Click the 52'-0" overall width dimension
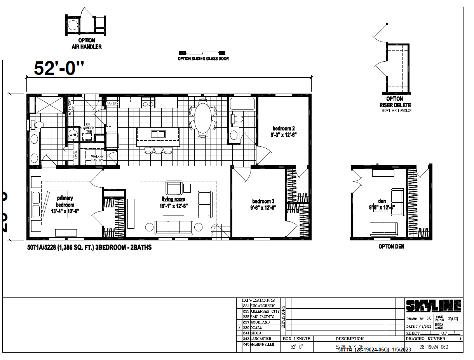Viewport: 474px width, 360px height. [59, 68]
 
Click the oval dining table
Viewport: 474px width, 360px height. [202, 118]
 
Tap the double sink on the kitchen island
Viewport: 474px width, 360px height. [158, 134]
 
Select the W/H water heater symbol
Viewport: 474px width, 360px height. [73, 135]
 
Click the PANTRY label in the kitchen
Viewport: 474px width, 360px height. [112, 104]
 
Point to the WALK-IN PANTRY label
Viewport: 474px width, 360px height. [97, 158]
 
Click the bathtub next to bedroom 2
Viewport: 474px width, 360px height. [242, 104]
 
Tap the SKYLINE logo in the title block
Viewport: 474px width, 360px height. [433, 306]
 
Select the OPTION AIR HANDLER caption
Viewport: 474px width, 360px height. [87, 43]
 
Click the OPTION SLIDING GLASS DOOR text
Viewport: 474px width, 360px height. [203, 59]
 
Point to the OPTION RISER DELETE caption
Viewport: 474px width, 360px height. [395, 102]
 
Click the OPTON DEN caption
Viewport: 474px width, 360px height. [391, 247]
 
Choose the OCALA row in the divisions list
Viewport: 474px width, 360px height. [258, 328]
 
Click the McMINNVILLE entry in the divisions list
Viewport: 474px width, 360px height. [262, 344]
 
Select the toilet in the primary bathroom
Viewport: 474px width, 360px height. [38, 125]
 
